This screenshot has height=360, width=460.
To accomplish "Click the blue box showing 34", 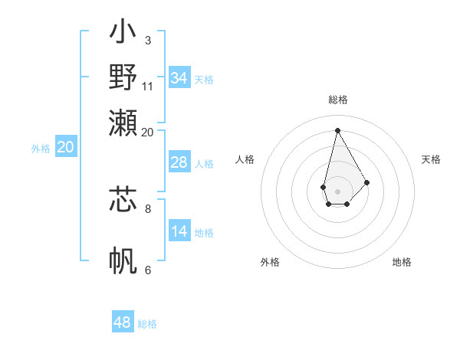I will click(x=179, y=78).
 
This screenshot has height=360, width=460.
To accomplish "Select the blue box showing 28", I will click(x=179, y=162).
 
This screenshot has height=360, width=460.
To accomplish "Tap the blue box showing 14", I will click(x=179, y=231).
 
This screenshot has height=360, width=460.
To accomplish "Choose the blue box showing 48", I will click(x=123, y=322).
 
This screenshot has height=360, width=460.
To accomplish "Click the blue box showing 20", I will click(x=65, y=148).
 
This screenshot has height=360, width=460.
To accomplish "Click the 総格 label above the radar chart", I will click(x=338, y=100).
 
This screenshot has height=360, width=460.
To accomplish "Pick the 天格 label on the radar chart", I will click(x=432, y=159).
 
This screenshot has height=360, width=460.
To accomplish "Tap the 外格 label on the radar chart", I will click(x=270, y=262).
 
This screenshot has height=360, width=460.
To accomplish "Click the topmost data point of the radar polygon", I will click(x=337, y=129).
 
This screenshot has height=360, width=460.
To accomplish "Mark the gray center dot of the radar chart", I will click(x=337, y=191).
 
